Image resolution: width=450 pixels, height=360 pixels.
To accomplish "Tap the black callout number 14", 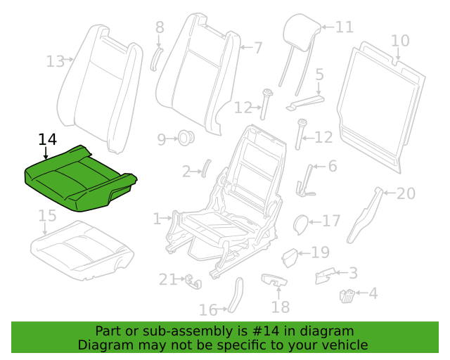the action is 47,139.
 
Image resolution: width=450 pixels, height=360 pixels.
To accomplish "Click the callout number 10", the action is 400,41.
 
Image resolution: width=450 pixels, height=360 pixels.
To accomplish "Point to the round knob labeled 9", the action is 186,138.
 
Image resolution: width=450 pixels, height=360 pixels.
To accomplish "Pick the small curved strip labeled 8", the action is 156,59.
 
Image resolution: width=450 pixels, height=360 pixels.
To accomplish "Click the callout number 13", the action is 56,61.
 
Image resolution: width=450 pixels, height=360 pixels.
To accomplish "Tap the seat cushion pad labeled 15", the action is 82,250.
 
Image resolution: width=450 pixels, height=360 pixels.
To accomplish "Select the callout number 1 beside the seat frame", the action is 157,219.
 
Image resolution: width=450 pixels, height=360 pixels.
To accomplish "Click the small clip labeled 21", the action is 193,281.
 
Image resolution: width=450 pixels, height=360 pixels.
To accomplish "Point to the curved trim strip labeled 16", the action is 236,295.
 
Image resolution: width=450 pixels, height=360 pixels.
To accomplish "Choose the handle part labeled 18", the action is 274,279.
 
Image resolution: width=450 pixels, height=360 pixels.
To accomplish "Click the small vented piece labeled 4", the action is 347,296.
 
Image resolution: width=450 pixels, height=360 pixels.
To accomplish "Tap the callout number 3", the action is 353,273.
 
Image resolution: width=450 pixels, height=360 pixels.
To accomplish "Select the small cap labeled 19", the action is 290,257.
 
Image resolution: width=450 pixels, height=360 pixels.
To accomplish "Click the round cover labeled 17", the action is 300,224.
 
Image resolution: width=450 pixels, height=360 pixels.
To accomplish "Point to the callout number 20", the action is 406,193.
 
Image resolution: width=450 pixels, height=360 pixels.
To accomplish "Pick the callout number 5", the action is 320,75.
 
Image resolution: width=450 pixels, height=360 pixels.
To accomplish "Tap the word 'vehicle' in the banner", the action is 349,345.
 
